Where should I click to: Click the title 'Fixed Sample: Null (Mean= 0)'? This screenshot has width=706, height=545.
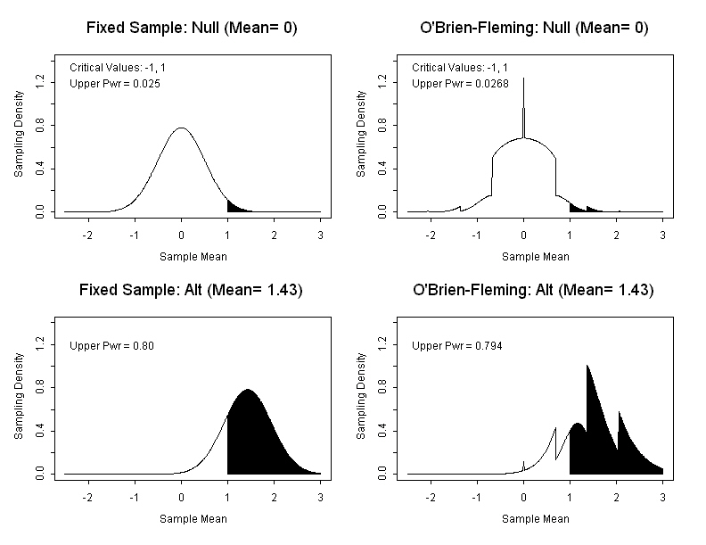pos(192,28)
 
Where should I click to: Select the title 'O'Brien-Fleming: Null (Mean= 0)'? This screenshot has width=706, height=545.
pos(534,28)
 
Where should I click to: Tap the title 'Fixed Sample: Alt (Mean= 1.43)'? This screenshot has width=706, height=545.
pos(192,290)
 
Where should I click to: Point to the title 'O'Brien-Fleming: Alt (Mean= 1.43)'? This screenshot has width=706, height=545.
pos(534,290)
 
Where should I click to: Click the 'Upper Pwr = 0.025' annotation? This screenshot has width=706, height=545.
pos(115,83)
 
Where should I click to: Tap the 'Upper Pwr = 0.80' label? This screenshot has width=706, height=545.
pos(112,345)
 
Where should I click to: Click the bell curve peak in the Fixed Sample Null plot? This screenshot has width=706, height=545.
pos(181,128)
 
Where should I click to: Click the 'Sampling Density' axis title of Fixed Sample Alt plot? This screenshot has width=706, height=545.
pos(19,398)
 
